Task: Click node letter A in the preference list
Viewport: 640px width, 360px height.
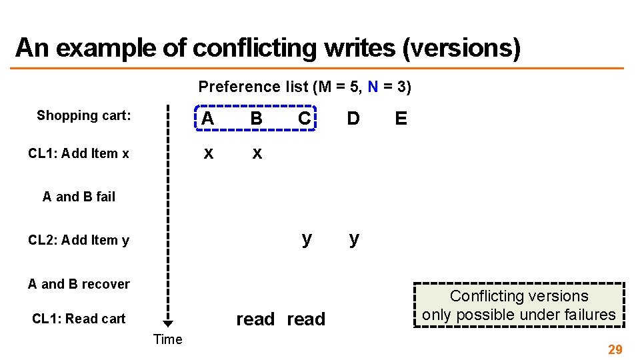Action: (x=208, y=119)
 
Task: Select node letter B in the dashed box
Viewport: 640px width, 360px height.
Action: (x=256, y=119)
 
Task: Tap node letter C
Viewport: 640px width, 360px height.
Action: (x=304, y=119)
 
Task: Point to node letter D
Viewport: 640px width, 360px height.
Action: (x=353, y=119)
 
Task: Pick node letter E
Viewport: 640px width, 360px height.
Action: (x=401, y=119)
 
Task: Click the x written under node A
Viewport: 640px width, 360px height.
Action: (x=208, y=153)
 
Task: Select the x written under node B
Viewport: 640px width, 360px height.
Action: (x=257, y=154)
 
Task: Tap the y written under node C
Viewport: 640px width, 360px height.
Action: (x=306, y=239)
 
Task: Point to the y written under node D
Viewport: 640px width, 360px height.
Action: (x=354, y=239)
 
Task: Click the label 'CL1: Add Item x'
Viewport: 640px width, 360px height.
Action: (x=79, y=153)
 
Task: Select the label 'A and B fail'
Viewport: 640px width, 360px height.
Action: (x=79, y=197)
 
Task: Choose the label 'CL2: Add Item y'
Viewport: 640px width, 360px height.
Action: (x=79, y=240)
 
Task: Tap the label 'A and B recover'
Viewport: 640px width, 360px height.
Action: (x=79, y=284)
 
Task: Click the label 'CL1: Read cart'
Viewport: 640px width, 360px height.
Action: (x=79, y=319)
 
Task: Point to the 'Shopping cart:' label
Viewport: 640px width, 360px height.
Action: (x=84, y=115)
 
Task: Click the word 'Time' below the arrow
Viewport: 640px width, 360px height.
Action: (x=167, y=339)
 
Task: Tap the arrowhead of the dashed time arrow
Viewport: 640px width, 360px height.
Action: (x=168, y=324)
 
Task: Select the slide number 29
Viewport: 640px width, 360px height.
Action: (x=615, y=349)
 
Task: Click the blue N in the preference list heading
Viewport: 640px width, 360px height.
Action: (x=373, y=87)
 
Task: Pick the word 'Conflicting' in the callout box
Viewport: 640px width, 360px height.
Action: (x=486, y=296)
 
